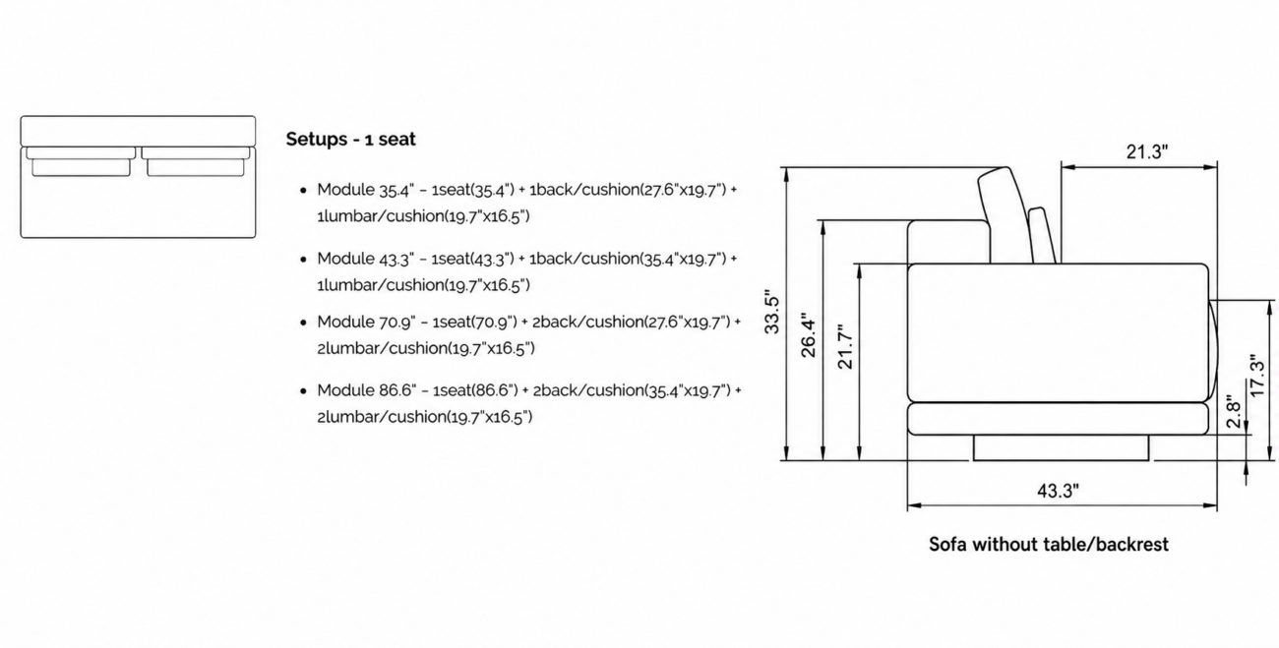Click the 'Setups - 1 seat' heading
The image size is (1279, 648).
pyautogui.click(x=350, y=140)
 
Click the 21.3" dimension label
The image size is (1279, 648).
pyautogui.click(x=1147, y=151)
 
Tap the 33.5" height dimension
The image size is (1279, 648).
pyautogui.click(x=771, y=315)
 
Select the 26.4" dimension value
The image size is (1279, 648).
pyautogui.click(x=808, y=335)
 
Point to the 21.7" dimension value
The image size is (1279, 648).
pyautogui.click(x=844, y=347)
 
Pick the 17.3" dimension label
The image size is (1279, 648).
pyautogui.click(x=1257, y=376)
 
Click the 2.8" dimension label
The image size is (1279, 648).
pyautogui.click(x=1234, y=411)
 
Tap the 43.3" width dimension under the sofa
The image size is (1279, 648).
pyautogui.click(x=1058, y=491)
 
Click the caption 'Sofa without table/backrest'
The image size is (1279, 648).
pyautogui.click(x=1049, y=544)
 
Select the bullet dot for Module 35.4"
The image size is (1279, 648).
pyautogui.click(x=303, y=191)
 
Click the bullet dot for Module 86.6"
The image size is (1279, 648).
pyautogui.click(x=303, y=391)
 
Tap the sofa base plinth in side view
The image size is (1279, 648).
pyautogui.click(x=1061, y=447)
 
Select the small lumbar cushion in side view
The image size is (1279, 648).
pyautogui.click(x=1042, y=235)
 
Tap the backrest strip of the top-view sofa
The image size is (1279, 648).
pyautogui.click(x=138, y=131)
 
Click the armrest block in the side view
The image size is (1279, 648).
pyautogui.click(x=948, y=242)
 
